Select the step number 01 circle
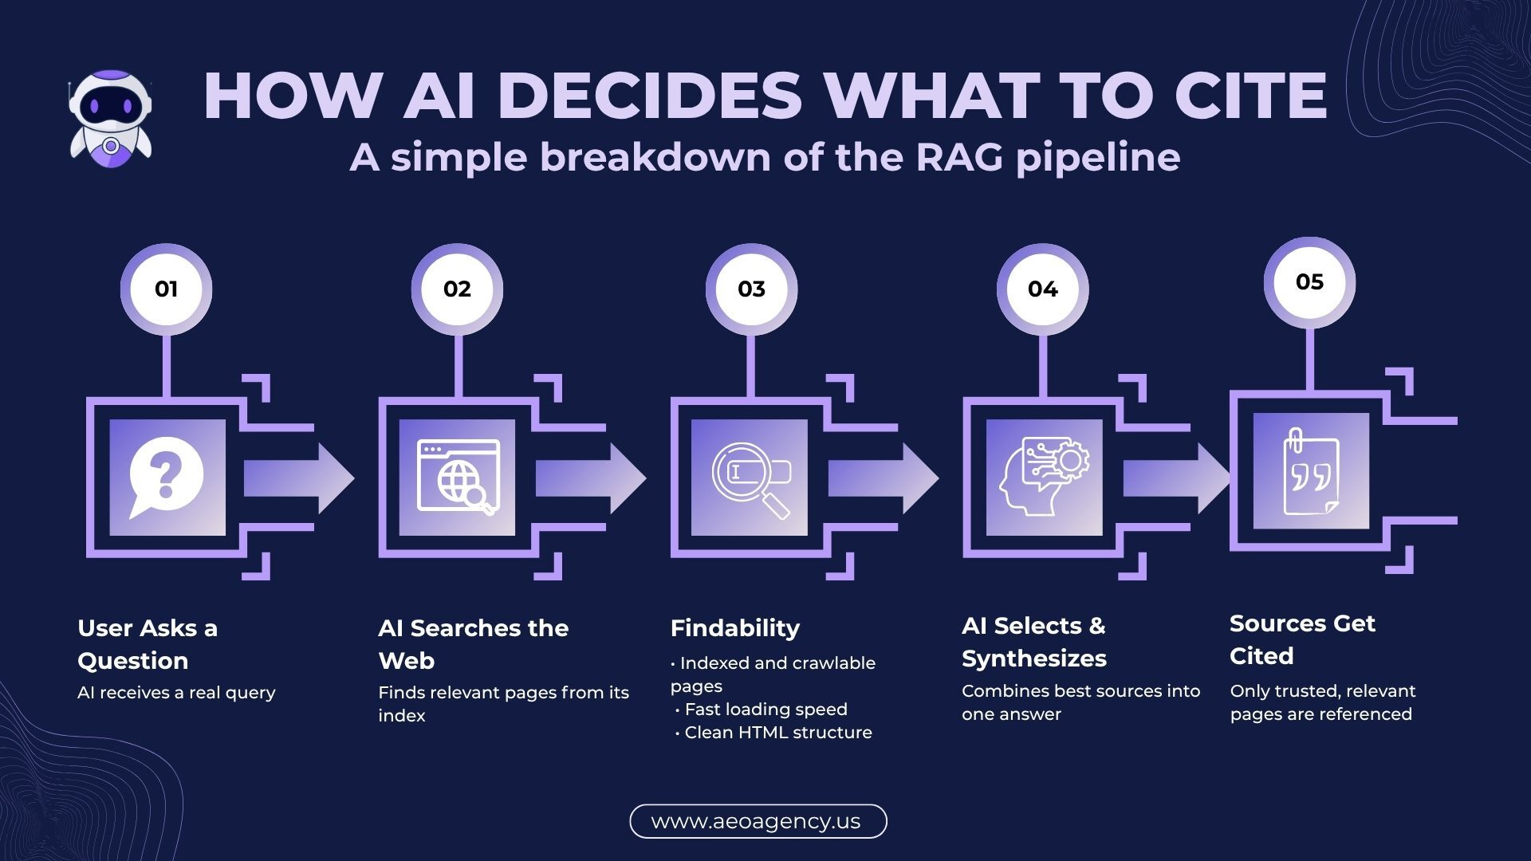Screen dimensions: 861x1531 pyautogui.click(x=166, y=289)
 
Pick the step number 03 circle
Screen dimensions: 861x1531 pyautogui.click(x=751, y=289)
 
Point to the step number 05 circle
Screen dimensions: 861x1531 pyautogui.click(x=1309, y=282)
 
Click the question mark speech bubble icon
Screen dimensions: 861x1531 pyautogui.click(x=167, y=478)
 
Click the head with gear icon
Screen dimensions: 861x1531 pyautogui.click(x=1044, y=477)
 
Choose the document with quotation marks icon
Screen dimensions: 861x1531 pyautogui.click(x=1310, y=471)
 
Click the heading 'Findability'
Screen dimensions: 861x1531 pyautogui.click(x=734, y=628)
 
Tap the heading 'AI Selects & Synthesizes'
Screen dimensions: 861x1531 pyautogui.click(x=1033, y=642)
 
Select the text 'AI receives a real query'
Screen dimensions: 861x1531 pyautogui.click(x=176, y=693)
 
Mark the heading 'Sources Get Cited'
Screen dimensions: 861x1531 pyautogui.click(x=1302, y=639)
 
